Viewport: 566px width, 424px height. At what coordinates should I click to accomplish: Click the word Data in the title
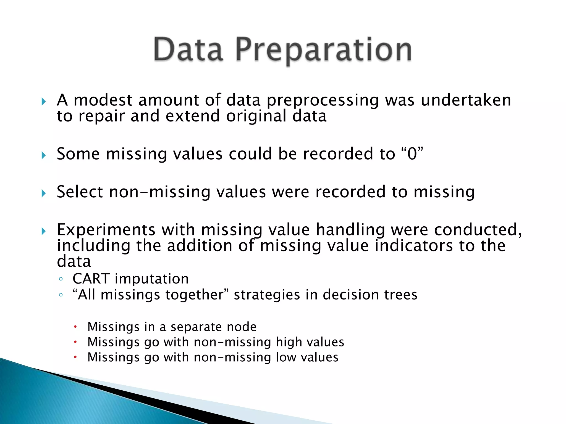[188, 50]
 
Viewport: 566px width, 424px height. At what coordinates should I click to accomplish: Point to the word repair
[101, 116]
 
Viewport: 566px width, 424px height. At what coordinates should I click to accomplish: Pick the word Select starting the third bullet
[80, 192]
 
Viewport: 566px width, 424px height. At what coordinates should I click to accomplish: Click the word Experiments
[106, 230]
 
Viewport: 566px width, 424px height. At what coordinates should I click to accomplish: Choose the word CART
[91, 279]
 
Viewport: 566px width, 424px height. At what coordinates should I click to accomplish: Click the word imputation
[152, 279]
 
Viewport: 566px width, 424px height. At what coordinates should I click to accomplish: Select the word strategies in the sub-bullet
[267, 295]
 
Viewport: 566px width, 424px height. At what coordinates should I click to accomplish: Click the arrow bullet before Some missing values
[43, 155]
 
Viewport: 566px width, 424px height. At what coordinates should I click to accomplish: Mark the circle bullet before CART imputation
[61, 279]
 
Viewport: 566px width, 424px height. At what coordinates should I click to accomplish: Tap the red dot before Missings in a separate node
[75, 327]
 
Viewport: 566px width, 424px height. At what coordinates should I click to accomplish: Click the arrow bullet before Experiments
[43, 231]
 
